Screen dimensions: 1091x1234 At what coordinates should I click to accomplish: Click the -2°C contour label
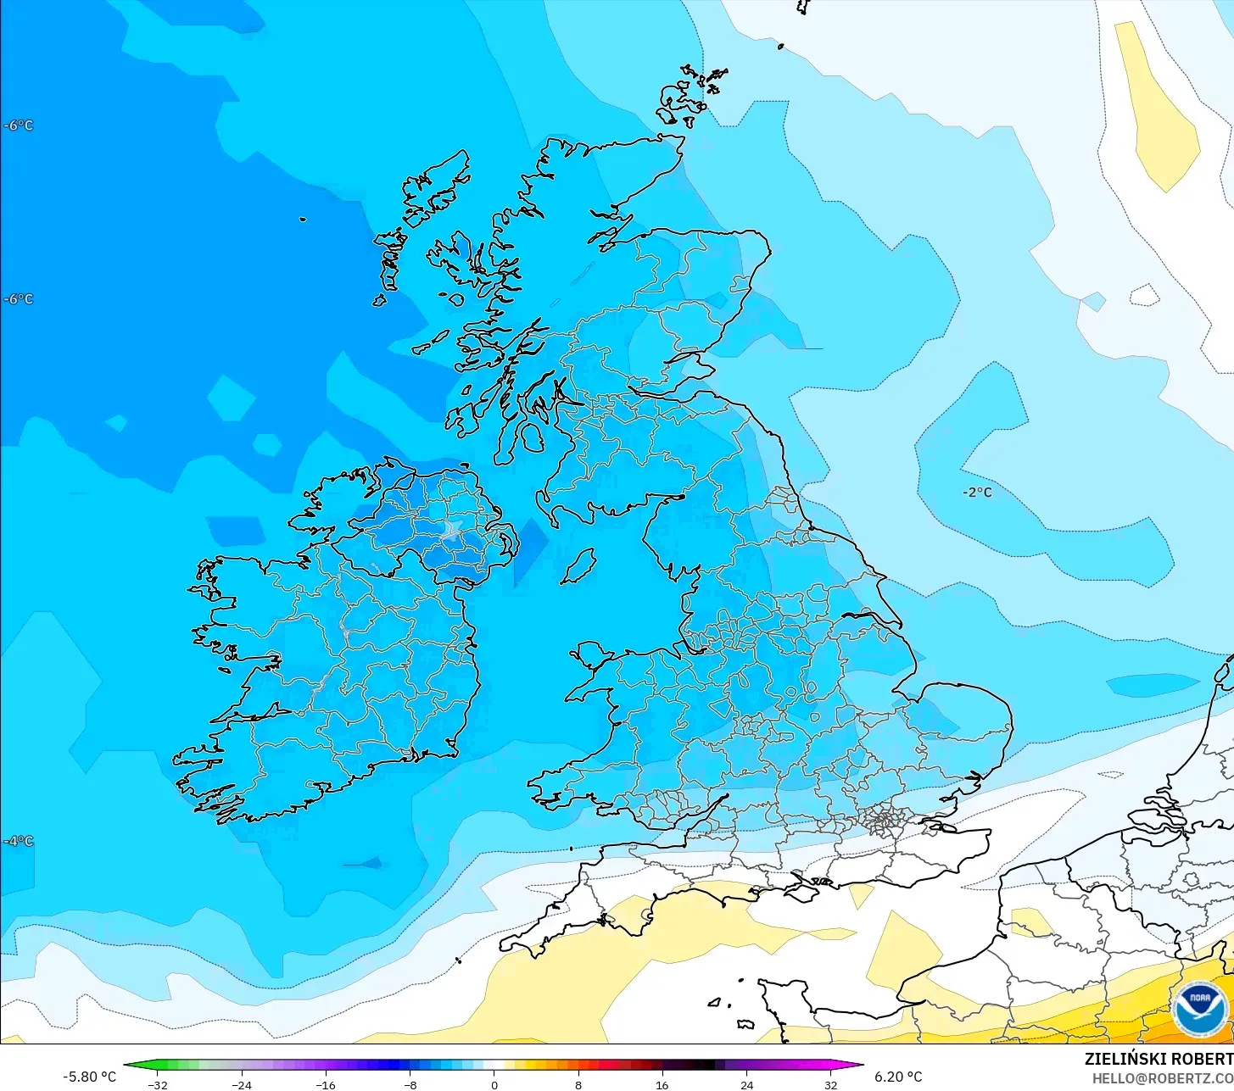(977, 493)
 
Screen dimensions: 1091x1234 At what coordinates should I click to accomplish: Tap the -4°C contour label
(19, 841)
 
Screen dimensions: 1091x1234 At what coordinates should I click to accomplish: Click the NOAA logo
(1199, 1009)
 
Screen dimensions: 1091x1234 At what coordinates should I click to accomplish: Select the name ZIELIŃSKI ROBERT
(1159, 1059)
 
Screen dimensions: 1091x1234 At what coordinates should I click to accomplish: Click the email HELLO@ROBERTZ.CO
(1162, 1077)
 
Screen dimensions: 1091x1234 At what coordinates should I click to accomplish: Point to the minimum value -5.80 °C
(89, 1077)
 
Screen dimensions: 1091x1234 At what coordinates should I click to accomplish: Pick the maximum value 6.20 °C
(898, 1077)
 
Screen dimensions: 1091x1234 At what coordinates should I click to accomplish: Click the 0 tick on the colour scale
(494, 1084)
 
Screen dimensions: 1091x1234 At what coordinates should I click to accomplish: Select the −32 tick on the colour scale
(157, 1084)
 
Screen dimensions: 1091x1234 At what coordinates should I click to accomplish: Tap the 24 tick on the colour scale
(746, 1084)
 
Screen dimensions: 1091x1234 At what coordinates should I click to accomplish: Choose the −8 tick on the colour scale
(410, 1084)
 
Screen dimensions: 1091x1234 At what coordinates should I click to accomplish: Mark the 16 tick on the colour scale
(662, 1084)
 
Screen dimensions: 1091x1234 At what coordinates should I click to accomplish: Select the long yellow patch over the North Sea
(1156, 106)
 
